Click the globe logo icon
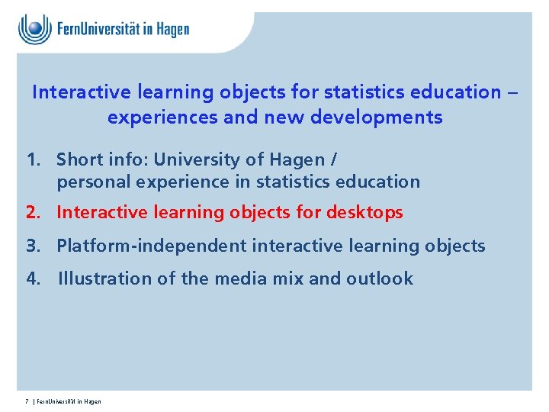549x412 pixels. click(x=34, y=29)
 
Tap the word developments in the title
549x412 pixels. click(x=377, y=117)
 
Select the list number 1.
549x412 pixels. click(x=34, y=159)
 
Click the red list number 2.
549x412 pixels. click(x=34, y=212)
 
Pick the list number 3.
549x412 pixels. click(x=34, y=246)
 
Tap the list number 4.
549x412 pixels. click(x=34, y=278)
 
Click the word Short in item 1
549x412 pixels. click(x=79, y=159)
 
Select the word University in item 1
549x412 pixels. click(x=197, y=160)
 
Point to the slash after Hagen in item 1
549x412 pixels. click(x=333, y=160)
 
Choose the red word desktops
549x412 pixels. click(x=364, y=213)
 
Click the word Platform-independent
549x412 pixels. click(x=152, y=246)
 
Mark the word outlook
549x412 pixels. click(x=380, y=278)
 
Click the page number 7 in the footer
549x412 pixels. click(x=27, y=401)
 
